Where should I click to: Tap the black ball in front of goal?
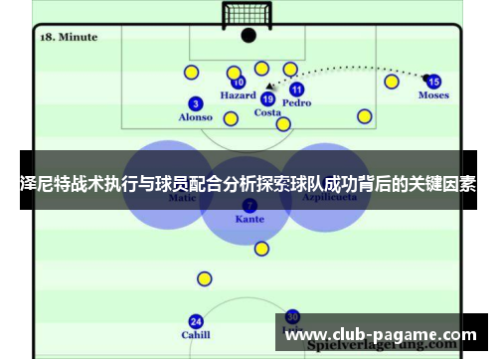click(248, 35)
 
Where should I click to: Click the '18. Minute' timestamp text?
click(69, 37)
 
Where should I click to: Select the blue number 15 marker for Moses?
click(433, 81)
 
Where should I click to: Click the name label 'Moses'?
click(433, 96)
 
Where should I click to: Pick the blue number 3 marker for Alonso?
click(196, 103)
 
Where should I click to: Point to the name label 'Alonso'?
click(196, 117)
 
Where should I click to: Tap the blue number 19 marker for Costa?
click(267, 98)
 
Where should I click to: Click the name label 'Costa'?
click(267, 112)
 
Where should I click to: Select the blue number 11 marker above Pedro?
click(296, 90)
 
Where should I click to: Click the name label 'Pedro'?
click(296, 102)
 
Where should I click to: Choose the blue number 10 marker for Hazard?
click(239, 83)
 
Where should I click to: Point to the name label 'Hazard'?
click(238, 96)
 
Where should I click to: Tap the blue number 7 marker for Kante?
click(249, 205)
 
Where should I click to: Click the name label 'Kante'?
click(249, 218)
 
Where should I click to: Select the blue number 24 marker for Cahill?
click(196, 321)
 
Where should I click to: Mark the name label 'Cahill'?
click(196, 335)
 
